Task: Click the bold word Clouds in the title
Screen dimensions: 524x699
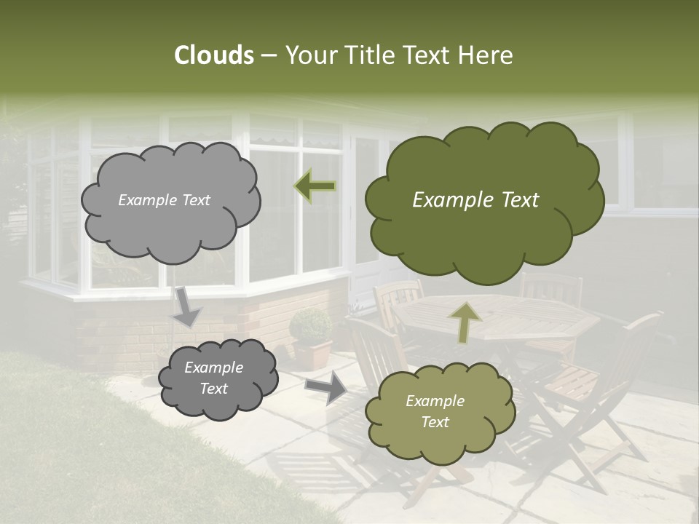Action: (213, 55)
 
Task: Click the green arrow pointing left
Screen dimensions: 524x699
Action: (315, 186)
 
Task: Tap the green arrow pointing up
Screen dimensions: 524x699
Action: (465, 322)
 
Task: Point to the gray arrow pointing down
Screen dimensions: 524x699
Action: (187, 307)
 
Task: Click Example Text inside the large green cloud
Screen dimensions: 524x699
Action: (475, 200)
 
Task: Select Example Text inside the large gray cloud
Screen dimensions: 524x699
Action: (164, 200)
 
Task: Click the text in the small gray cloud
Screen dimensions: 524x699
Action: (213, 378)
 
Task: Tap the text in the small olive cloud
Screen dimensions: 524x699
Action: (435, 411)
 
